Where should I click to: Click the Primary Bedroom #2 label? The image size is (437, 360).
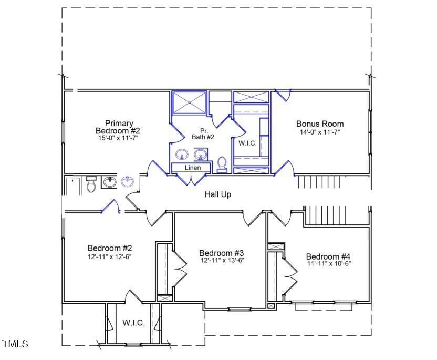(x=118, y=127)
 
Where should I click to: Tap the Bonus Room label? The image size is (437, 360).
(x=320, y=124)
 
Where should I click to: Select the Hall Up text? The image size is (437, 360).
(x=218, y=194)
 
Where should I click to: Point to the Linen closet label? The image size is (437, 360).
(x=193, y=168)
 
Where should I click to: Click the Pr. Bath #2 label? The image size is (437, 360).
(x=204, y=133)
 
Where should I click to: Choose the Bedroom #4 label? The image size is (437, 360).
(x=328, y=256)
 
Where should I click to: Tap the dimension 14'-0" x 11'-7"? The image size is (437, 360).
(x=320, y=132)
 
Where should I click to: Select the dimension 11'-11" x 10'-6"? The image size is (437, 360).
(x=328, y=263)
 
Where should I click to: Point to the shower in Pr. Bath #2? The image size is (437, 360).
(x=189, y=101)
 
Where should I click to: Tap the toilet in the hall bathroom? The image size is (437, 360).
(x=90, y=185)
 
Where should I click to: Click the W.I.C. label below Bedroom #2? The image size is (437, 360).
(x=133, y=323)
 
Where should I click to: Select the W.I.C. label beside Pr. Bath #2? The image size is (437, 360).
(x=247, y=143)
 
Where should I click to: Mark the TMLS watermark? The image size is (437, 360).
(x=15, y=344)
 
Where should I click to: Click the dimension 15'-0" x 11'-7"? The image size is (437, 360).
(x=118, y=138)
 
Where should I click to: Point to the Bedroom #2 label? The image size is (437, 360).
(x=109, y=248)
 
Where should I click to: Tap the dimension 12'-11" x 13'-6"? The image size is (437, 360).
(x=222, y=260)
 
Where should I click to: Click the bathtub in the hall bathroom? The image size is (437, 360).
(x=73, y=186)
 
